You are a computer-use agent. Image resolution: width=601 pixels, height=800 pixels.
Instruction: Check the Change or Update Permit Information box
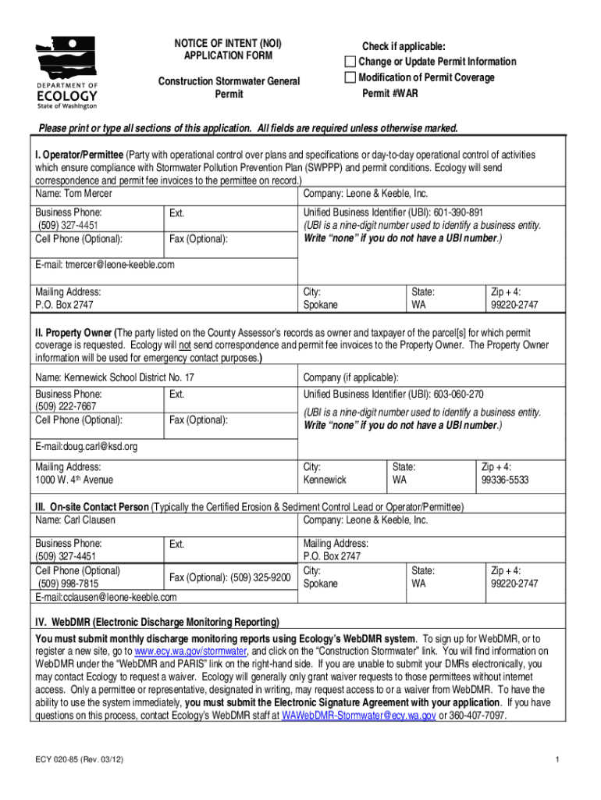click(x=350, y=62)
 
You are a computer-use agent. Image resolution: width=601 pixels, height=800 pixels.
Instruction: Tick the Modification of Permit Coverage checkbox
click(x=350, y=77)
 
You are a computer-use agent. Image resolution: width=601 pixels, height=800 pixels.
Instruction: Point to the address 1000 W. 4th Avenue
click(x=74, y=480)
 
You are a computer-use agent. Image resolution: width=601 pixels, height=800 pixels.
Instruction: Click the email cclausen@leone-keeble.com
click(x=116, y=597)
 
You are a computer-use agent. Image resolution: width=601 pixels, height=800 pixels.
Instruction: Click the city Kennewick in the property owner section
click(x=325, y=480)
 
